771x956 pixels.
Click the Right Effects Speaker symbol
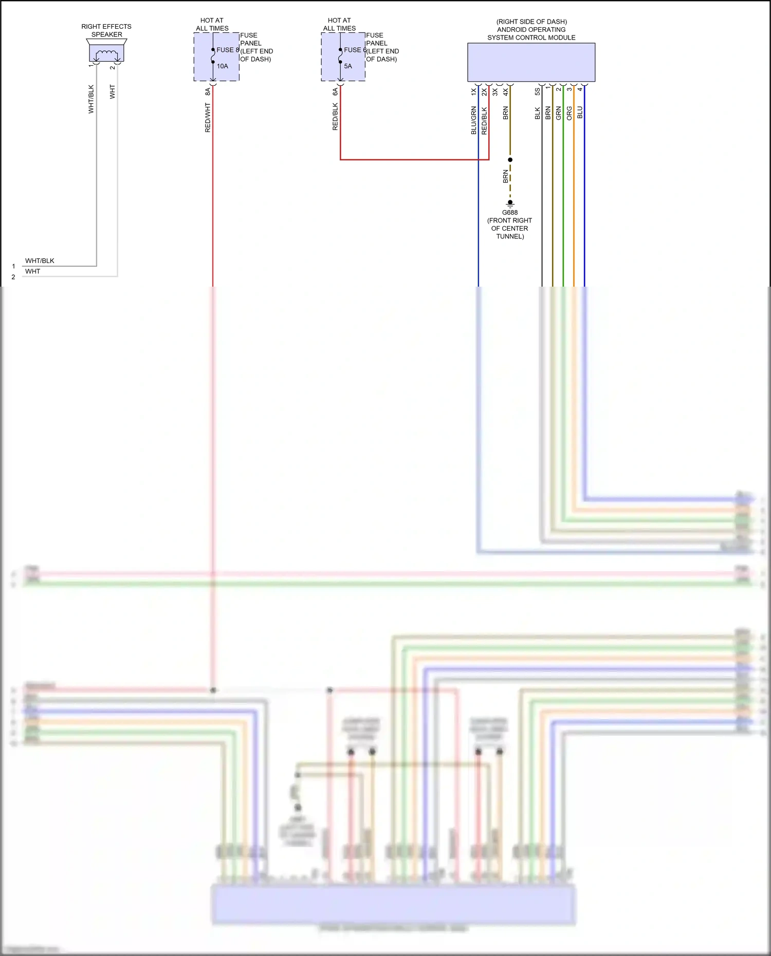click(x=106, y=53)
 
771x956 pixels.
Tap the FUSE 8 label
click(x=227, y=50)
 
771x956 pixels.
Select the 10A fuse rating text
click(x=222, y=66)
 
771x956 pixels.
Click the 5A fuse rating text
click(x=348, y=66)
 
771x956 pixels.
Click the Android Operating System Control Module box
click(x=531, y=62)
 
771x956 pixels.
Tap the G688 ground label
click(x=509, y=212)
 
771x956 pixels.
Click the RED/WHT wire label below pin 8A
click(x=208, y=118)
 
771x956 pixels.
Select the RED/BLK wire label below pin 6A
click(x=335, y=117)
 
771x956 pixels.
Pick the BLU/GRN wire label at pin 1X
click(x=473, y=121)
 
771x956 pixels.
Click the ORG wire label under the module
click(x=569, y=114)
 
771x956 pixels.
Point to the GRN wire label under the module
click(x=558, y=114)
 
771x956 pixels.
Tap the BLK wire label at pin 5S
click(x=537, y=113)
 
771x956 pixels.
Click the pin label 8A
click(x=208, y=91)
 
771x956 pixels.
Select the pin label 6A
click(x=335, y=91)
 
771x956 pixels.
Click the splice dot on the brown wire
click(x=510, y=160)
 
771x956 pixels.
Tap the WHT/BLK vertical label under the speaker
click(x=91, y=99)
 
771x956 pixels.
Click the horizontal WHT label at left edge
click(x=32, y=271)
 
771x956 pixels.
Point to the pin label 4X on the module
click(x=505, y=91)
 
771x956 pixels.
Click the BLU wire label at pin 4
click(x=580, y=113)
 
